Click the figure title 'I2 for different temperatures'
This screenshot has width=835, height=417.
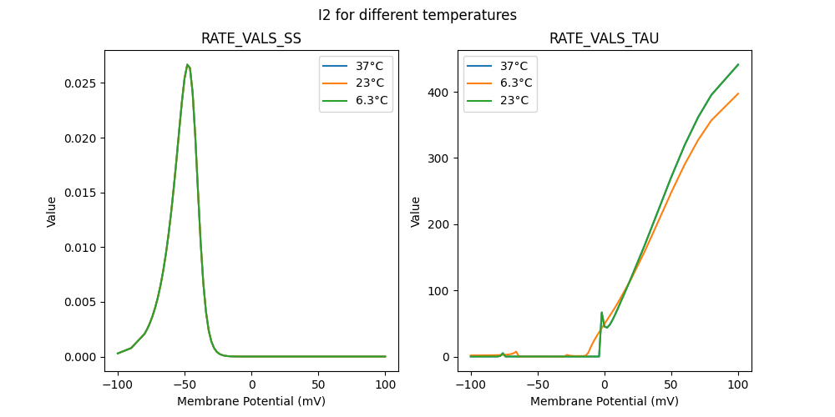click(x=417, y=15)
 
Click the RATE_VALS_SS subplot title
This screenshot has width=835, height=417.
click(x=251, y=39)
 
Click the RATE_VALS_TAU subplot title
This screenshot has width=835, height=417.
click(x=605, y=39)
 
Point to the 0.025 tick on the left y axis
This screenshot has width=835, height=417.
click(x=83, y=83)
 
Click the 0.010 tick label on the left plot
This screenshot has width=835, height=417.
click(x=83, y=248)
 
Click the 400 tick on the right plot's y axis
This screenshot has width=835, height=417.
click(x=441, y=92)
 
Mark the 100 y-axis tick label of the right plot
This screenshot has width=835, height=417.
click(x=441, y=291)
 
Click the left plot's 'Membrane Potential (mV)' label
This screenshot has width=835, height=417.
click(x=251, y=401)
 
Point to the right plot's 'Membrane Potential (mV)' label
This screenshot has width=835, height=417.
click(x=605, y=401)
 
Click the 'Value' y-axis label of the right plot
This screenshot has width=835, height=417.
click(x=416, y=212)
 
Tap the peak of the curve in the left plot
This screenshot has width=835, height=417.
click(x=188, y=65)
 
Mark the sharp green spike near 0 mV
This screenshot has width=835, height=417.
click(x=602, y=313)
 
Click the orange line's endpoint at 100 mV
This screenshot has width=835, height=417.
click(x=738, y=93)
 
